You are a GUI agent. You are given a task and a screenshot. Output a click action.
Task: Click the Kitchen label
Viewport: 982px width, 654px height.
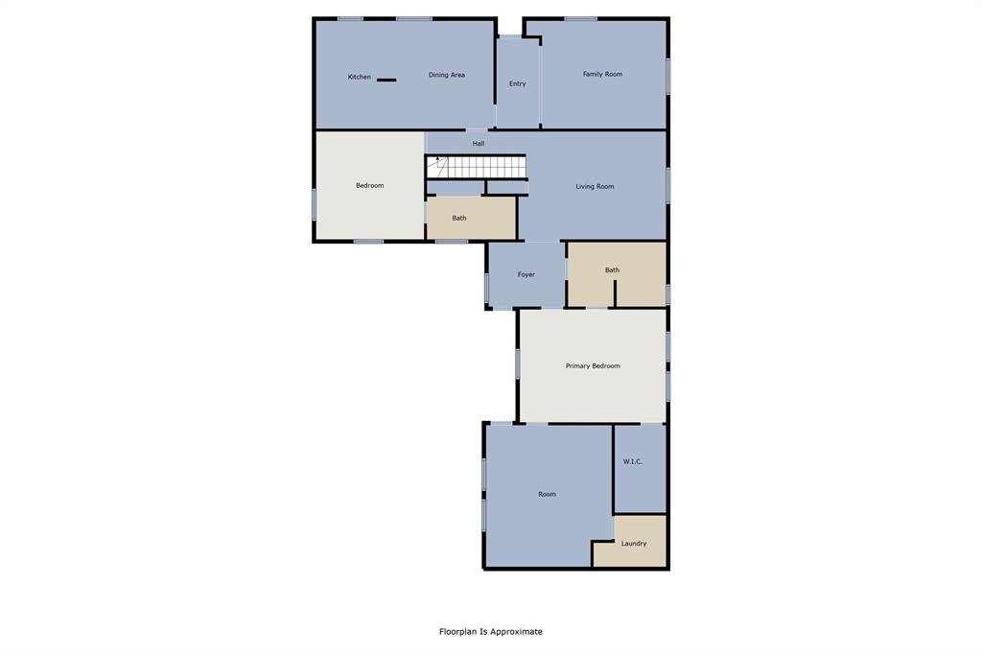(359, 77)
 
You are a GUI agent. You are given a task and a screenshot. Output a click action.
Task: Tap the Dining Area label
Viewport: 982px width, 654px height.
(446, 75)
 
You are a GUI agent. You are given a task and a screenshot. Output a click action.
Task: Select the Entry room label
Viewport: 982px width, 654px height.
(517, 83)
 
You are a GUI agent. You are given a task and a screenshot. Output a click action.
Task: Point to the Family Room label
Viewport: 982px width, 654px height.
(602, 74)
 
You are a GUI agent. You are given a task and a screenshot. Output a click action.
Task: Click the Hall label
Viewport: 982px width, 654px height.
(478, 144)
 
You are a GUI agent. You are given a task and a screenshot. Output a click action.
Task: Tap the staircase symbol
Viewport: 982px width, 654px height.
(477, 167)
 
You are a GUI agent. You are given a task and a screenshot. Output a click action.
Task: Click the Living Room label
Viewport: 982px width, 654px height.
(595, 186)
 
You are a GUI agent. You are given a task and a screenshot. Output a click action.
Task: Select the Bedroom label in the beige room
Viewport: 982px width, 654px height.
(369, 185)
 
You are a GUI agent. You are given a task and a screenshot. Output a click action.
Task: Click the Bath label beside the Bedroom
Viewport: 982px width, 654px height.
(459, 218)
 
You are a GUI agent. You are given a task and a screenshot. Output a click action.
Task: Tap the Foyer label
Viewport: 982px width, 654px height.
(526, 274)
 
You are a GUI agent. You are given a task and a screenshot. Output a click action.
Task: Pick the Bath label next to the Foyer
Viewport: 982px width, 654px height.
(612, 269)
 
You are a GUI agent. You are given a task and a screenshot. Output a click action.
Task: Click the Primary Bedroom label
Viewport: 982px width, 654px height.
(592, 365)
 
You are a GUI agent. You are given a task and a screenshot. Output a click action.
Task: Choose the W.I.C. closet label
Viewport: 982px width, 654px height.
(632, 461)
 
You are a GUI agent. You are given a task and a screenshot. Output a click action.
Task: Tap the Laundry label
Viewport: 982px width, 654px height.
(633, 544)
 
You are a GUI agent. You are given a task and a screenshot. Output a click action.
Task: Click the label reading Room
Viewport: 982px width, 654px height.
(547, 494)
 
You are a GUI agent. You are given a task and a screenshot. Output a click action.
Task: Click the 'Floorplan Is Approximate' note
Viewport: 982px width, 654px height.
(490, 631)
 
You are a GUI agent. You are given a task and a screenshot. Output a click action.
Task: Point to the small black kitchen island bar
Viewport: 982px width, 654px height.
(386, 80)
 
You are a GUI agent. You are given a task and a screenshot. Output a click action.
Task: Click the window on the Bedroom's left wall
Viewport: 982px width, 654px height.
(314, 203)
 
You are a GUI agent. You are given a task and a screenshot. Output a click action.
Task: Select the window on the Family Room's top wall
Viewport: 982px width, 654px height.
(580, 18)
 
